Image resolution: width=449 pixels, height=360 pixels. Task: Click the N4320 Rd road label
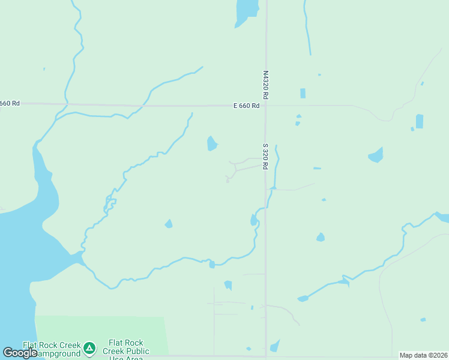tap(265, 85)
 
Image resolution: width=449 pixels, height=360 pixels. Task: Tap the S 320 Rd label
tap(265, 156)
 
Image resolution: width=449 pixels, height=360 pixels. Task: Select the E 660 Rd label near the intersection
tap(246, 106)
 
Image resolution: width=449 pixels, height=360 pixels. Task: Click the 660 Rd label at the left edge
tap(10, 103)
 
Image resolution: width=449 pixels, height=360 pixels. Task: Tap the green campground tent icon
tap(89, 347)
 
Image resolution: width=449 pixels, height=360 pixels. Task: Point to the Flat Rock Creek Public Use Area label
tap(126, 350)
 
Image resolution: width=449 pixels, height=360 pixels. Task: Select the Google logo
tap(20, 353)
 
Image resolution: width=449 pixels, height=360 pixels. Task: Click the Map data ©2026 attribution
tap(424, 355)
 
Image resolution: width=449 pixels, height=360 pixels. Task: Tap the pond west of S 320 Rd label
tap(211, 144)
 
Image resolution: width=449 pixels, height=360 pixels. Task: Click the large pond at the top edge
tap(246, 12)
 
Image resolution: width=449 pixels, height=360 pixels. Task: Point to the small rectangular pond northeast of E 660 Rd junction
tap(303, 93)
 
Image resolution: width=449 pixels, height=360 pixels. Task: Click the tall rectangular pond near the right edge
tap(419, 121)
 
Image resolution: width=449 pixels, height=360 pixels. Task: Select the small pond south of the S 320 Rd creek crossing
tap(253, 220)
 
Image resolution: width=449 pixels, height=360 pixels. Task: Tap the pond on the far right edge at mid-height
tap(443, 217)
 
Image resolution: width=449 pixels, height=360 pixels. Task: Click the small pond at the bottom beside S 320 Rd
tap(274, 346)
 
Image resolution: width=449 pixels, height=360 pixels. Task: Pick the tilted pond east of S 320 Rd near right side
tap(376, 155)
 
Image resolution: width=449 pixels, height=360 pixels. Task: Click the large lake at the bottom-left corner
tap(15, 270)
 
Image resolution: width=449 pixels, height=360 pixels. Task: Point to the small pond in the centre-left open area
tap(169, 224)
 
